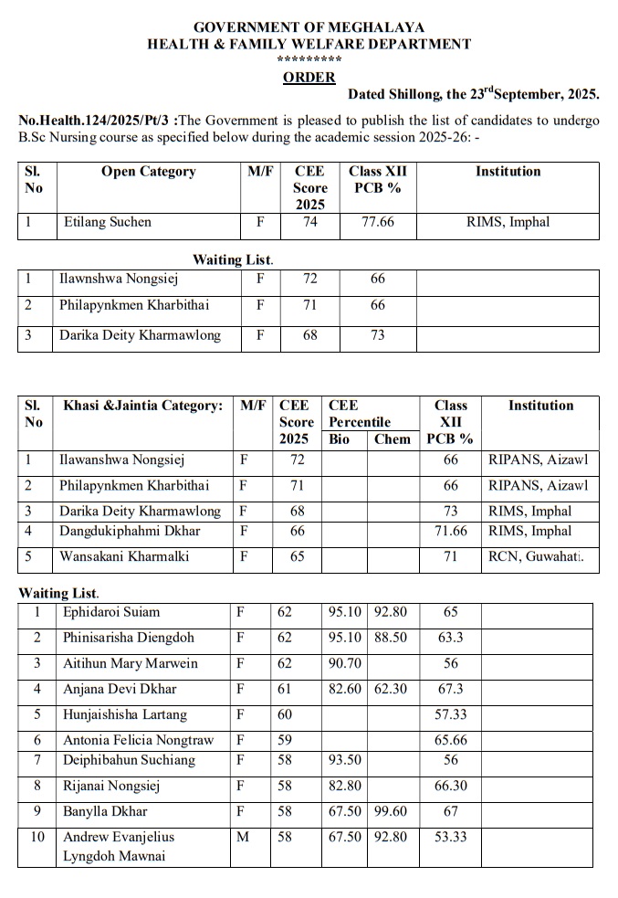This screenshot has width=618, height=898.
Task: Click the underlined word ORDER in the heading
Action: pyautogui.click(x=309, y=78)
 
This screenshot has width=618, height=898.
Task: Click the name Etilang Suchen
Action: pyautogui.click(x=106, y=222)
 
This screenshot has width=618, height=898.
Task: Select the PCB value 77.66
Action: pyautogui.click(x=378, y=222)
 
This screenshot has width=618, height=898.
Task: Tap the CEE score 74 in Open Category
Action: pyautogui.click(x=310, y=222)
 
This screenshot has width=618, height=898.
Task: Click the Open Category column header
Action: pyautogui.click(x=148, y=172)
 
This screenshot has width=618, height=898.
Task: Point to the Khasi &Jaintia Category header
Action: pyautogui.click(x=143, y=406)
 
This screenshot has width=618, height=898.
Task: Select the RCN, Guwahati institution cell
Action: pyautogui.click(x=536, y=555)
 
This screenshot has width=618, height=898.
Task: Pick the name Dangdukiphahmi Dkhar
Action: pyautogui.click(x=131, y=531)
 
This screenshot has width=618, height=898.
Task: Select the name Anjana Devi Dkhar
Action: pyautogui.click(x=120, y=689)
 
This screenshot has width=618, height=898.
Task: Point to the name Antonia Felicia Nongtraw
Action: pyautogui.click(x=138, y=741)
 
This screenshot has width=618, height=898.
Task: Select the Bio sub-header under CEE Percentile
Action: pyautogui.click(x=339, y=438)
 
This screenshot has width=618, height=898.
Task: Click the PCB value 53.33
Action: pyautogui.click(x=450, y=837)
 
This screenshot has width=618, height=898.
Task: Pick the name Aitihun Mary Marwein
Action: pyautogui.click(x=130, y=663)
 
